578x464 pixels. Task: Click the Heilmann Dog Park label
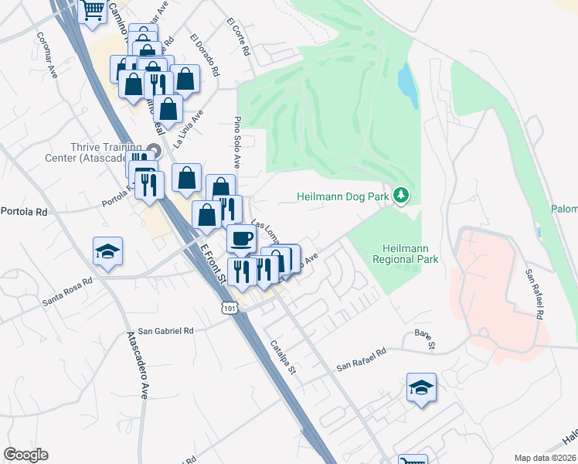click(x=342, y=197)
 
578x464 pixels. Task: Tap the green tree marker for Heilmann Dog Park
click(x=400, y=196)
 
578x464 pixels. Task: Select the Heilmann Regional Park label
click(x=405, y=254)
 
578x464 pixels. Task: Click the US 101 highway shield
click(x=228, y=308)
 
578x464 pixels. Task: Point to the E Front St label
click(x=211, y=261)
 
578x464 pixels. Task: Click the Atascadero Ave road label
click(x=136, y=364)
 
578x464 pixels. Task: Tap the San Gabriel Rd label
click(x=166, y=329)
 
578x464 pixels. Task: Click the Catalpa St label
click(x=283, y=358)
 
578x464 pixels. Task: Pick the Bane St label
click(x=426, y=338)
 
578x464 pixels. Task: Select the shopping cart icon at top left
click(x=93, y=11)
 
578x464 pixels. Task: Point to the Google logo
click(x=25, y=455)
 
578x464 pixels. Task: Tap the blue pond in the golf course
click(x=407, y=85)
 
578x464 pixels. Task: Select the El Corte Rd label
click(x=239, y=38)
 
